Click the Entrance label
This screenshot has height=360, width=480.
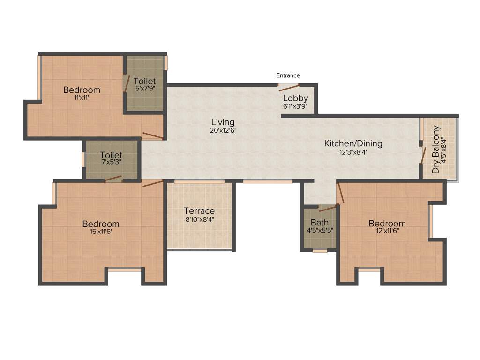[288, 75]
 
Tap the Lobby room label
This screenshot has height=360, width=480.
[295, 98]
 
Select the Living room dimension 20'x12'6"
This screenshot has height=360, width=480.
[223, 131]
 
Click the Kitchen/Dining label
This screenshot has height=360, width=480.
[353, 143]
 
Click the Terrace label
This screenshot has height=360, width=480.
[199, 211]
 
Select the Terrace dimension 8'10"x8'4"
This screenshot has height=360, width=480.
[199, 219]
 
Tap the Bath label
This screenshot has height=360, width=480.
[320, 223]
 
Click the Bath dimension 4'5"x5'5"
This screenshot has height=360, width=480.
[320, 230]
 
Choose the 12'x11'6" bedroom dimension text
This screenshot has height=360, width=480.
[387, 231]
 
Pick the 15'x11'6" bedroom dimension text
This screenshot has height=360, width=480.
[100, 232]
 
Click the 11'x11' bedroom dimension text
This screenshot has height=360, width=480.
[82, 98]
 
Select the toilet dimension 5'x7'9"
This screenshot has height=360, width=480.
[144, 88]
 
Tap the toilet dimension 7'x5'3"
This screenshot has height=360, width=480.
[111, 162]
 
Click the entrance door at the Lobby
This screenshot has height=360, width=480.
[289, 86]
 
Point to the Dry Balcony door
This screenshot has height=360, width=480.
[423, 155]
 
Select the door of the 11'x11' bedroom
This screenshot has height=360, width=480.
[153, 136]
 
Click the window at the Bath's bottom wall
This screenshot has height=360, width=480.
[320, 251]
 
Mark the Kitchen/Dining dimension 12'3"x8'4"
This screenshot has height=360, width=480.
[353, 151]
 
